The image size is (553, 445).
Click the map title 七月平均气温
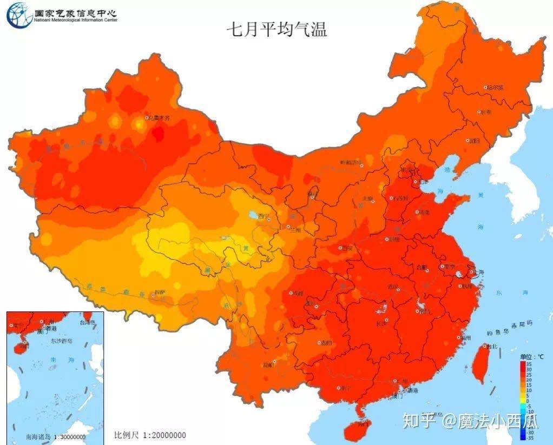(x=276, y=29)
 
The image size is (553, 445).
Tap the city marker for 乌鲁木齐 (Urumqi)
(x=146, y=117)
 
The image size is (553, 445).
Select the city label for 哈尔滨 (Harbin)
(x=495, y=87)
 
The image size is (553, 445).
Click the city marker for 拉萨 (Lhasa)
(x=154, y=295)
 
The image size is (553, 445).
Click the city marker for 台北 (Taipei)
(x=485, y=346)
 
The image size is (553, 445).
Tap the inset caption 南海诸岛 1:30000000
(x=48, y=437)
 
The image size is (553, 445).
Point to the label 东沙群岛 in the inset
(x=61, y=341)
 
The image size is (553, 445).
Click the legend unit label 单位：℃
(x=532, y=357)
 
